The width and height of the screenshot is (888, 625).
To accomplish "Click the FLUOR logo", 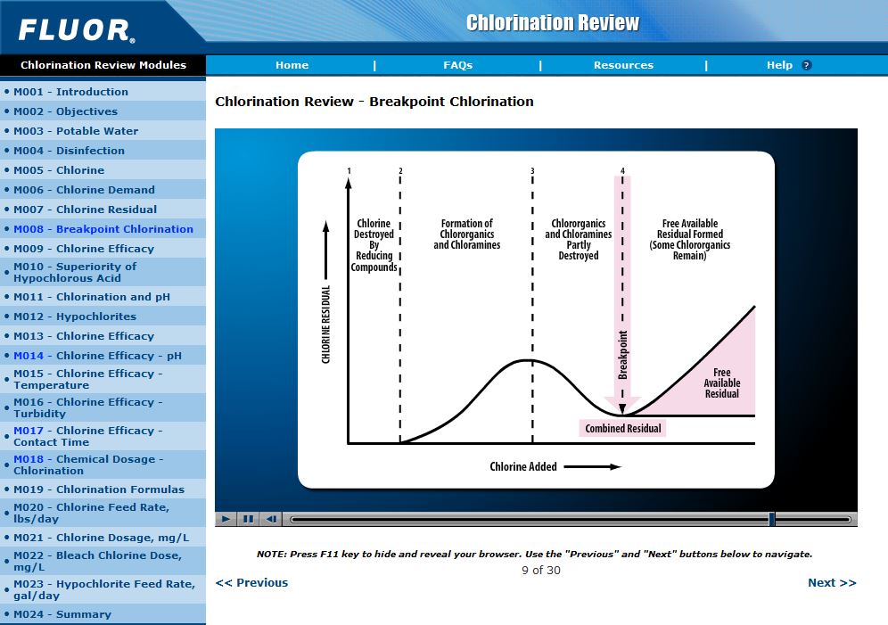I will click(x=77, y=30).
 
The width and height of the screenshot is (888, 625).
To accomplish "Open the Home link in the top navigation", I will click(x=292, y=65).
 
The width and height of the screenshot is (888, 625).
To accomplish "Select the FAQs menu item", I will click(x=457, y=65).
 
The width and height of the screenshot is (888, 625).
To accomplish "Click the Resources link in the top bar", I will click(x=623, y=65).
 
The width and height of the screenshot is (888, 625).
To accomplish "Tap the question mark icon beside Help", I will click(x=806, y=65).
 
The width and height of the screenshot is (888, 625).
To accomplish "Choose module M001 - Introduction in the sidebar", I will click(x=70, y=92).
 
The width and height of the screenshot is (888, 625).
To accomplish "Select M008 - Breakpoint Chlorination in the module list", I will click(x=103, y=229).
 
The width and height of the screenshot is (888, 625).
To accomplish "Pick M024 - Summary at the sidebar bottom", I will click(x=62, y=614).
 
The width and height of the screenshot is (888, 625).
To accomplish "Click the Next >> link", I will click(x=831, y=582).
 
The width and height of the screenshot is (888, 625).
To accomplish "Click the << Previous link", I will click(x=251, y=582).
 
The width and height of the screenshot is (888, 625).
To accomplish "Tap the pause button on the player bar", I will click(x=249, y=519).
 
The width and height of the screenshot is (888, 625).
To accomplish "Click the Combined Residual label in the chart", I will click(x=623, y=429).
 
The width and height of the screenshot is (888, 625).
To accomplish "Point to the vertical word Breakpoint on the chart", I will click(x=623, y=355).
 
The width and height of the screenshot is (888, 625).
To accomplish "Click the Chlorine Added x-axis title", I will click(x=523, y=466).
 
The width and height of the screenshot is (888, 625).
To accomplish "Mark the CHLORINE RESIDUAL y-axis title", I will click(x=326, y=324).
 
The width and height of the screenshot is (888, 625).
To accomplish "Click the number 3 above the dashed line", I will click(x=532, y=170).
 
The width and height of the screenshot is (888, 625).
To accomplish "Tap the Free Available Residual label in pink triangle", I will click(x=722, y=383).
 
